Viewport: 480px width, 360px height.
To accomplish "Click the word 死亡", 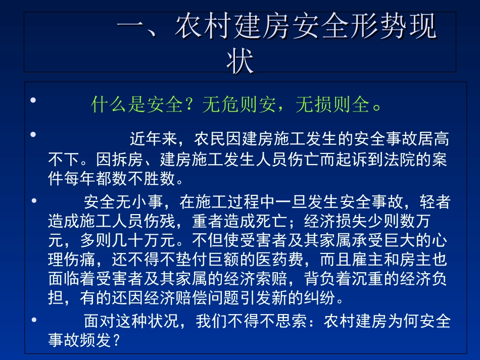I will (x=273, y=221).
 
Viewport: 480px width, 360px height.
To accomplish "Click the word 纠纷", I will (x=319, y=298).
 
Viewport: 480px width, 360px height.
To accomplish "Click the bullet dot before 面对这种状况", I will (x=34, y=320).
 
